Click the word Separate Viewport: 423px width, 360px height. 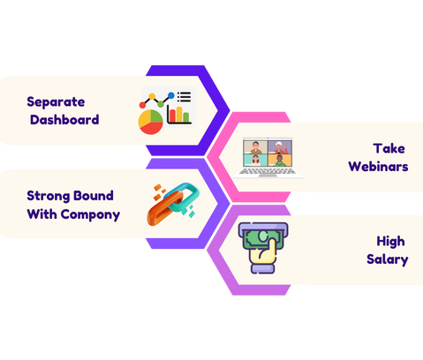click(x=56, y=102)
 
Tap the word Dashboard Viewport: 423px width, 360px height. click(x=64, y=120)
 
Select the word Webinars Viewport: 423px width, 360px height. click(x=378, y=167)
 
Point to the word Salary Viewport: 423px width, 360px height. click(x=388, y=259)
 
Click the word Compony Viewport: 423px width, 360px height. click(x=90, y=214)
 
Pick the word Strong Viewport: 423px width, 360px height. click(x=46, y=196)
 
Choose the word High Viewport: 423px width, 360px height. click(x=390, y=242)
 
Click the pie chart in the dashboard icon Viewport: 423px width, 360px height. click(x=150, y=122)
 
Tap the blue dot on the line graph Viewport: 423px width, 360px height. click(x=170, y=95)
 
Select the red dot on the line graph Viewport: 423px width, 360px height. click(x=142, y=105)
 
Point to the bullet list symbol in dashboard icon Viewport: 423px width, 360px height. click(x=184, y=97)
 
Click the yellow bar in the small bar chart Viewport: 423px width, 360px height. click(x=179, y=114)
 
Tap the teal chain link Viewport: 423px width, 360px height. click(x=183, y=197)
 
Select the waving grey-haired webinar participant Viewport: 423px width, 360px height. click(x=280, y=146)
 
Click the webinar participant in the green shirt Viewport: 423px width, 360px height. click(x=280, y=161)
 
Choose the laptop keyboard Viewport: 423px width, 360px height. click(x=268, y=171)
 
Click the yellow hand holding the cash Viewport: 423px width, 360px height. click(x=263, y=253)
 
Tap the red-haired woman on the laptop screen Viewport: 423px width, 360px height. click(x=255, y=161)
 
